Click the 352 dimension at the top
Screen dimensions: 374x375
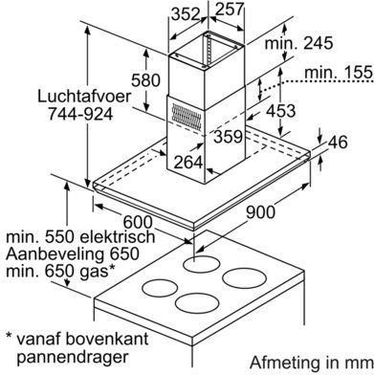pyautogui.click(x=186, y=13)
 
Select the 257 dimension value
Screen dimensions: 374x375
pyautogui.click(x=230, y=9)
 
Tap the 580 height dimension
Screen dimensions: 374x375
pyautogui.click(x=145, y=80)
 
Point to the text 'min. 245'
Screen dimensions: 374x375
pyautogui.click(x=298, y=43)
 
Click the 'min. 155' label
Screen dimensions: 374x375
pyautogui.click(x=339, y=73)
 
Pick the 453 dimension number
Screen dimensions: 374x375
pyautogui.click(x=281, y=111)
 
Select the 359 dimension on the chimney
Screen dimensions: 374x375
pyautogui.click(x=228, y=137)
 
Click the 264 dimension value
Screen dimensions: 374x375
pyautogui.click(x=188, y=162)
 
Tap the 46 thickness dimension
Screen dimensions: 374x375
pyautogui.click(x=338, y=142)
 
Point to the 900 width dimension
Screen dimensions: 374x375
pyautogui.click(x=260, y=212)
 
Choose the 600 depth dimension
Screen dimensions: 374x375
pyautogui.click(x=138, y=222)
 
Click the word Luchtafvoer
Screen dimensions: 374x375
pyautogui.click(x=84, y=97)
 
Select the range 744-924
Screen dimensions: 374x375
pyautogui.click(x=80, y=114)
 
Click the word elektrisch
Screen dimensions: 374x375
pyautogui.click(x=118, y=237)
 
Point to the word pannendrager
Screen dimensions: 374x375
pyautogui.click(x=72, y=358)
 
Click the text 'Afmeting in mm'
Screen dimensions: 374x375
pyautogui.click(x=311, y=364)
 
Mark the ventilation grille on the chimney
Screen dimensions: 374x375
pyautogui.click(x=187, y=117)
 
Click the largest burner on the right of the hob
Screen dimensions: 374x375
pyautogui.click(x=244, y=278)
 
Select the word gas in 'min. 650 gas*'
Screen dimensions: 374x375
pyautogui.click(x=94, y=272)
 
